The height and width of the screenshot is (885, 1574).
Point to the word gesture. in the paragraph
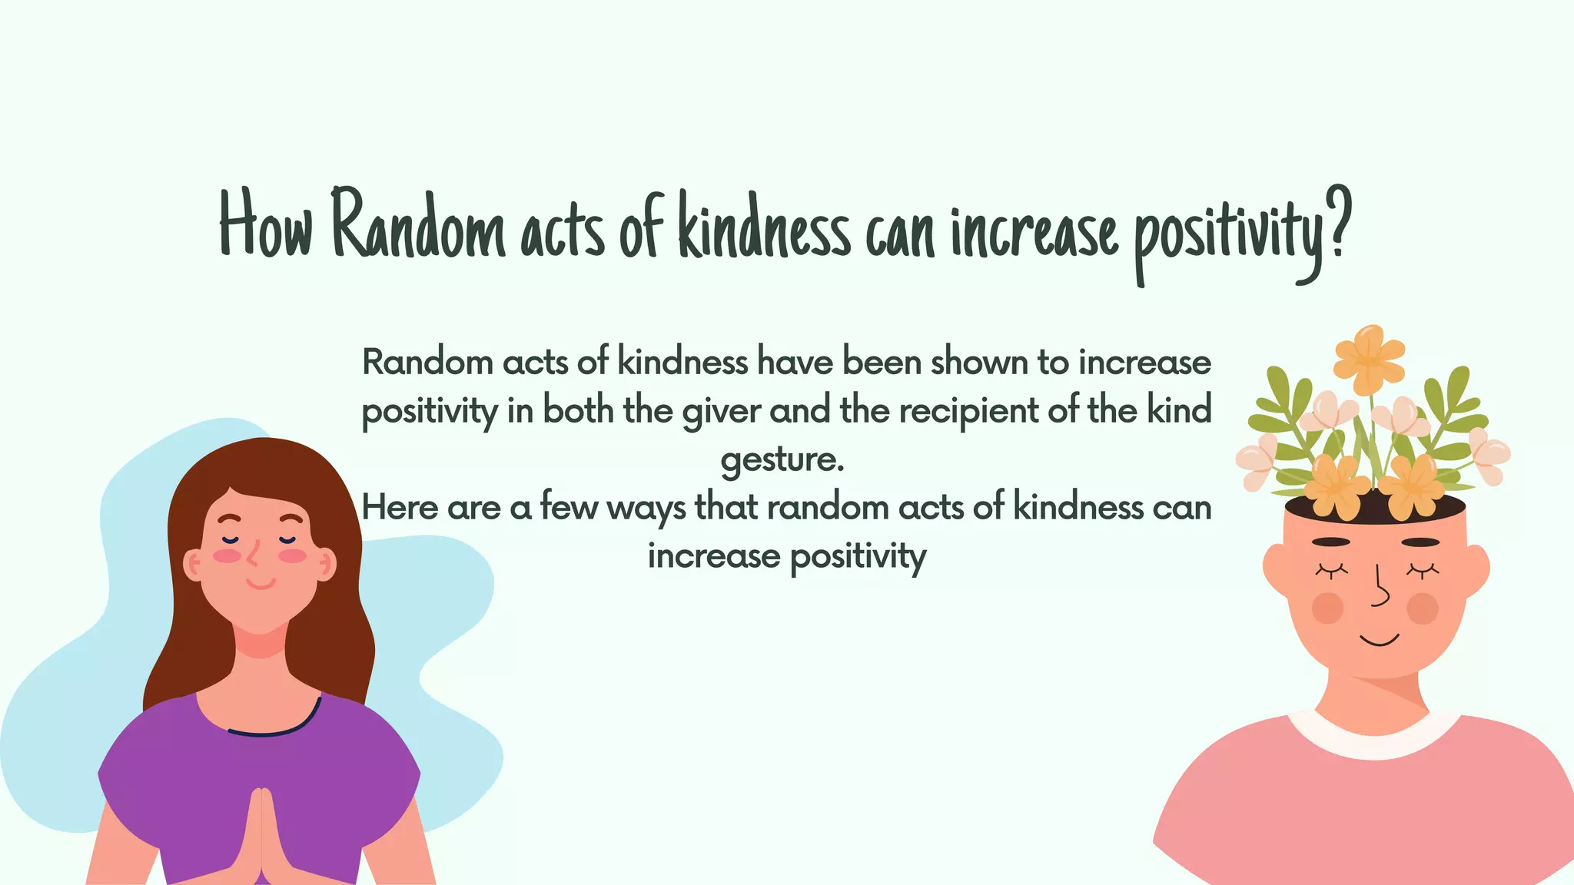point(782,460)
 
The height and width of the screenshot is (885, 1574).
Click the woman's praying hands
point(262,837)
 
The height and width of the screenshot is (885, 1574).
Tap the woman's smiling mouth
point(261,584)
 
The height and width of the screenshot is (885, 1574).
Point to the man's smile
point(1379,640)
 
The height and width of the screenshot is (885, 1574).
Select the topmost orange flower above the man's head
point(1369,358)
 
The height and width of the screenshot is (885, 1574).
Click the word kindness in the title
point(764,227)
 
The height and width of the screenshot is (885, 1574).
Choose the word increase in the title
point(1034,229)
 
